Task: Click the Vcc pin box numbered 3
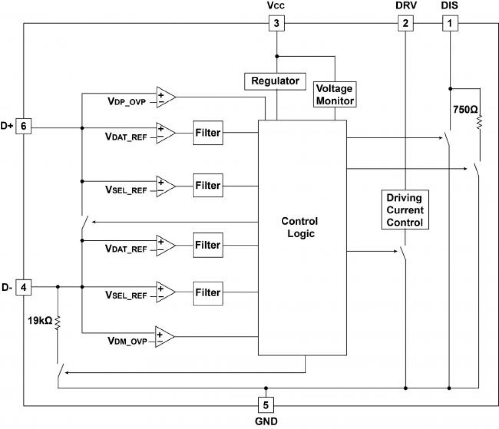tap(277, 23)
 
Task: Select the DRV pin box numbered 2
tap(405, 23)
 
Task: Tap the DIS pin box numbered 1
tap(450, 23)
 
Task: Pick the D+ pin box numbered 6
tap(23, 126)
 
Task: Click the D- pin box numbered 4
tap(23, 287)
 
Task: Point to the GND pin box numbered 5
tap(266, 405)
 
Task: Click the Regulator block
tap(275, 81)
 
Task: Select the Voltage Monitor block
tap(335, 95)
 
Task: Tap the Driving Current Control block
tap(404, 210)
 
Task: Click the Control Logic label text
tap(300, 227)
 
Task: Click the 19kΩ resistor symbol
tap(58, 322)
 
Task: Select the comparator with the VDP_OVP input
tap(166, 97)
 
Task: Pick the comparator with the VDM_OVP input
tap(164, 337)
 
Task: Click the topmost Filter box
tap(208, 133)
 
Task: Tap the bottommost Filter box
tap(208, 293)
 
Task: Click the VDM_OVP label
tap(127, 341)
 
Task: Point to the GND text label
tap(266, 421)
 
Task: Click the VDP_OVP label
tap(126, 101)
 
